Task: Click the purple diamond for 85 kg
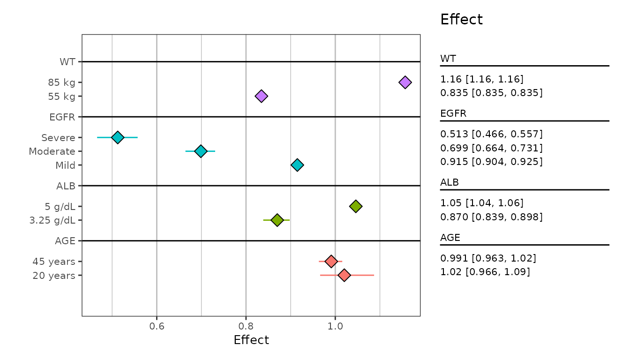point(405,82)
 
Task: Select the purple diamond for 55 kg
point(261,96)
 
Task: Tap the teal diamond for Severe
point(118,137)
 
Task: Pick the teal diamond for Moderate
point(201,151)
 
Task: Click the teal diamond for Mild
point(297,165)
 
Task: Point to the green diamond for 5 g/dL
point(356,206)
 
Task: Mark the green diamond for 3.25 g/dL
point(277,220)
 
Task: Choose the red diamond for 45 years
point(331,261)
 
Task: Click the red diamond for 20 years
point(344,275)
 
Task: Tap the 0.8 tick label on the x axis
point(246,325)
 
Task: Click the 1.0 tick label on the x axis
point(335,325)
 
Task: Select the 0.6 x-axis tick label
point(157,325)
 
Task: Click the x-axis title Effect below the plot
point(251,340)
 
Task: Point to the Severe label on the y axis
point(58,138)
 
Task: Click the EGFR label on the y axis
point(62,117)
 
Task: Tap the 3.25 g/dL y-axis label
point(52,220)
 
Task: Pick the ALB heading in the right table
point(449,182)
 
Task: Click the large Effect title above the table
point(461,20)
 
